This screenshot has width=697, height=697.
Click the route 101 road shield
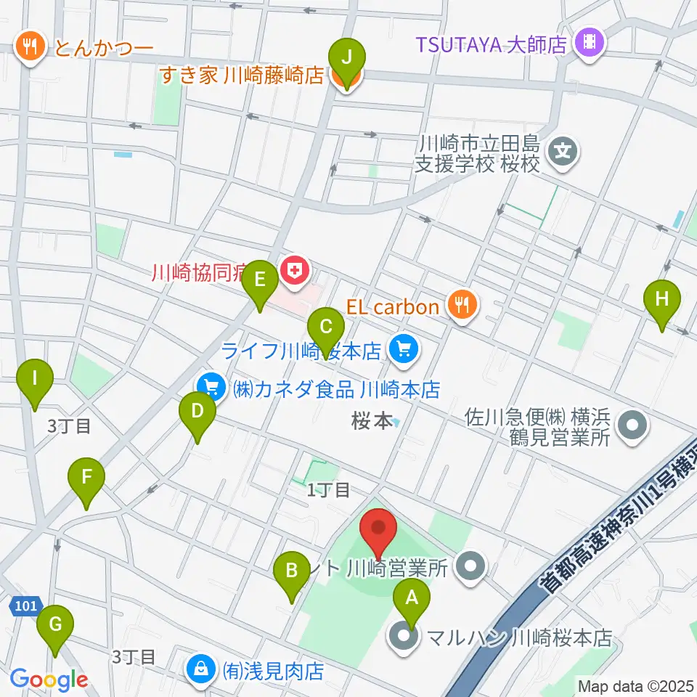tap(23, 606)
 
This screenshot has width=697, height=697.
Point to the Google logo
tap(49, 680)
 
